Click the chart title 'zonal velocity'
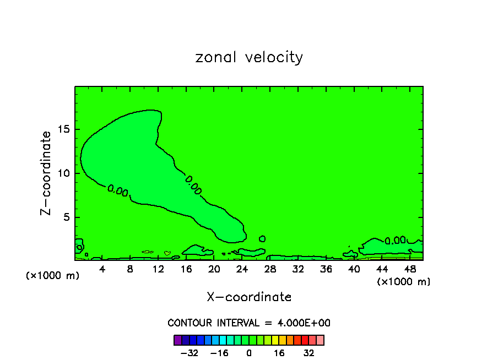tap(249, 57)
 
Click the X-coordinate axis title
tap(249, 297)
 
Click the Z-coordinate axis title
tap(47, 173)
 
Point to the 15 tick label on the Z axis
tap(64, 129)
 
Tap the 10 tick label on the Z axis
tap(64, 173)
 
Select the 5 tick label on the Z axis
tap(67, 217)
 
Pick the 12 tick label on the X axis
tap(158, 269)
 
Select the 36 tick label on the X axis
tap(326, 269)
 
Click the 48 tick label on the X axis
tap(409, 269)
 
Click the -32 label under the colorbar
tap(190, 353)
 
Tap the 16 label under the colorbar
tap(279, 353)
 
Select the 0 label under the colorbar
tap(249, 353)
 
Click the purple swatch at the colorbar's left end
tap(177, 340)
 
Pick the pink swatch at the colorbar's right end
tap(320, 340)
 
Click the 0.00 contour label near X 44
tap(395, 241)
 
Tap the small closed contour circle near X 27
tap(262, 239)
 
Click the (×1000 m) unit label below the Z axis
tap(53, 276)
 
